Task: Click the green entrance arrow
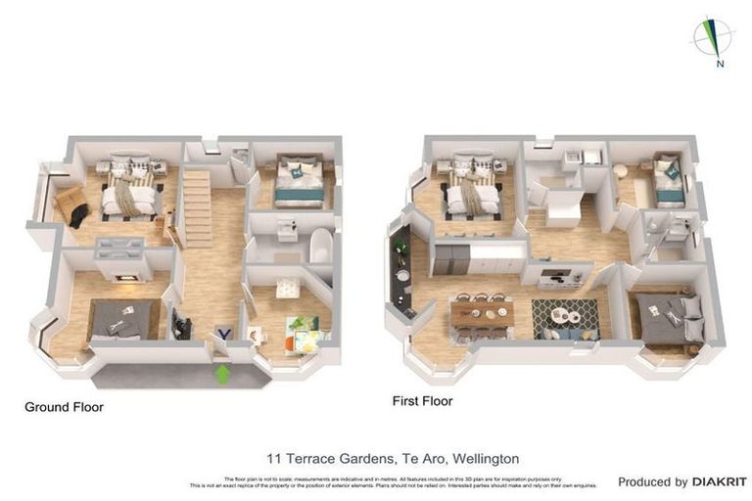[x=222, y=373]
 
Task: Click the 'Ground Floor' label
[x=64, y=406]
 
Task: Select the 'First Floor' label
[x=422, y=401]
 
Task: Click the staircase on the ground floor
[x=199, y=207]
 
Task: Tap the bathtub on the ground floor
[x=322, y=246]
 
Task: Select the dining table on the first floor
[x=482, y=314]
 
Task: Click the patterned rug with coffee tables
[x=565, y=316]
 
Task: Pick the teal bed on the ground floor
[x=298, y=184]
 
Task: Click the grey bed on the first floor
[x=670, y=318]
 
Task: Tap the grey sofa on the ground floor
[x=124, y=320]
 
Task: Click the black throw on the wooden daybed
[x=77, y=211]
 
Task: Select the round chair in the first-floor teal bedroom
[x=621, y=171]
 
